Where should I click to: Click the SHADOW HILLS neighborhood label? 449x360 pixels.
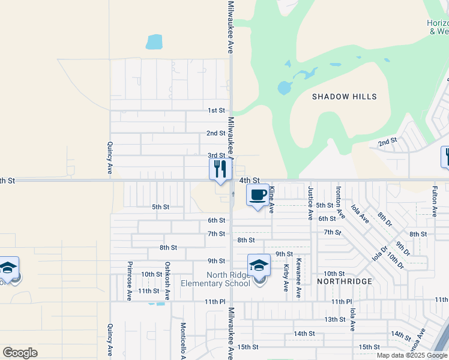(x=345, y=97)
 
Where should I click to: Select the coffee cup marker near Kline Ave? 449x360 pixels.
(x=258, y=195)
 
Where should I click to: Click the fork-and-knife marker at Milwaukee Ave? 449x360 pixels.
(x=220, y=169)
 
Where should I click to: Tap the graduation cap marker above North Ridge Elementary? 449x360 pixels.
(x=259, y=265)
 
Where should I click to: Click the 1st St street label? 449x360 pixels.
(x=215, y=110)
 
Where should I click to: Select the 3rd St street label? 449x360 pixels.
(x=215, y=155)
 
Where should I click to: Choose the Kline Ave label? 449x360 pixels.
(x=271, y=200)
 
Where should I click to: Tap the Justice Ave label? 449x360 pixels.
(x=310, y=202)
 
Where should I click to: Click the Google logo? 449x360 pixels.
(x=20, y=353)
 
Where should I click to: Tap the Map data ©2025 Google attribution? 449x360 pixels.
(x=412, y=355)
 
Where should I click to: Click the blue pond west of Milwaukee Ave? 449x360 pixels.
(x=154, y=42)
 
